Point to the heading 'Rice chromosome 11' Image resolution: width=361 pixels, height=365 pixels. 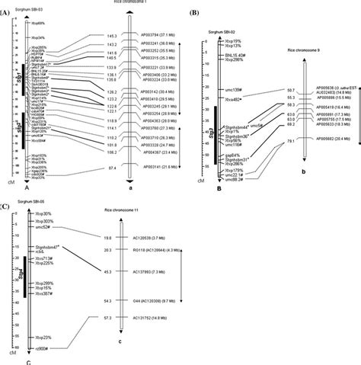123,210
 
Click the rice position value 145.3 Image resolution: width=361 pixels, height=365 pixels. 111,36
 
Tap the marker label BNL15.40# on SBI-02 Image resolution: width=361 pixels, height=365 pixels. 233,55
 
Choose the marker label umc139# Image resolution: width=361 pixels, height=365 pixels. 232,90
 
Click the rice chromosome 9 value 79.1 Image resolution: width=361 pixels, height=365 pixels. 290,141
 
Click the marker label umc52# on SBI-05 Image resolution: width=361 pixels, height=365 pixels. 42,227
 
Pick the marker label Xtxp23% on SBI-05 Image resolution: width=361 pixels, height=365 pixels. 43,337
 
